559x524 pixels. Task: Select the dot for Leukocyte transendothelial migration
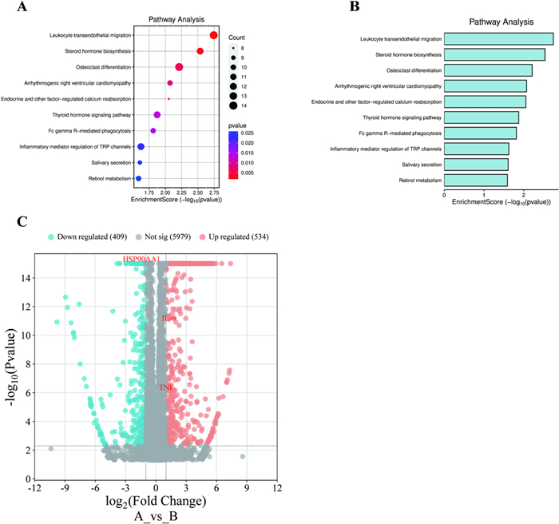214,35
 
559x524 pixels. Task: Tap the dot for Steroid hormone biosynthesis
200,51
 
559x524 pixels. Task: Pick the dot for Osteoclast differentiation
179,67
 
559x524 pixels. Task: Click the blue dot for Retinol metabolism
139,178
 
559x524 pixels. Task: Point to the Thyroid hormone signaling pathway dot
157,115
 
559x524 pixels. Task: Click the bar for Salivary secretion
475,164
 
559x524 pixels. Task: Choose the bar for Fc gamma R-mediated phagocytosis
479,133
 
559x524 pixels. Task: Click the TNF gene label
166,387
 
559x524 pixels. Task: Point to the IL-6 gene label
168,319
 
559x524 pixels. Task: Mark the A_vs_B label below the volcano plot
156,516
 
